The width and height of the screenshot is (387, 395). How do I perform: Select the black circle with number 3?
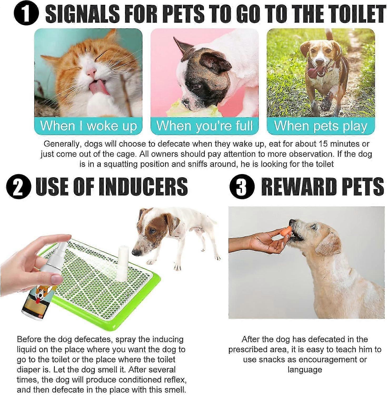click(242, 186)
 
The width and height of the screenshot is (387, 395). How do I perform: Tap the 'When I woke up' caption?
click(88, 126)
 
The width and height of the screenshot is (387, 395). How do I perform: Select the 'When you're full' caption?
click(205, 126)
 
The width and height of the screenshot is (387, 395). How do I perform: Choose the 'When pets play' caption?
click(320, 126)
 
